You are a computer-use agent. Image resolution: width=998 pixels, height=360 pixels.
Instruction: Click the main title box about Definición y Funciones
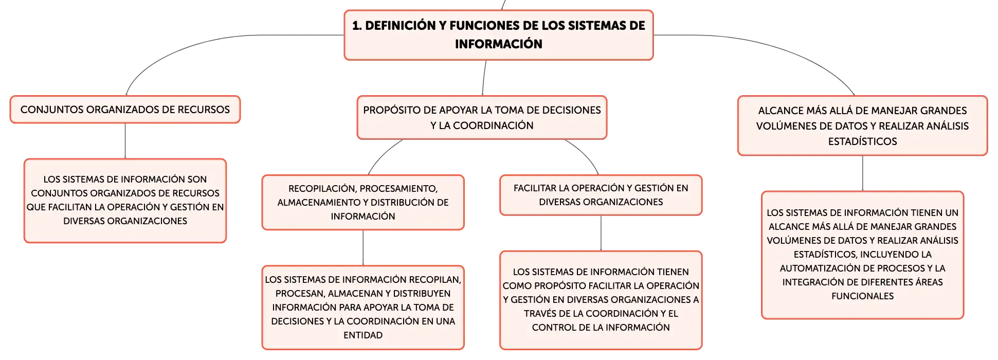pyautogui.click(x=498, y=35)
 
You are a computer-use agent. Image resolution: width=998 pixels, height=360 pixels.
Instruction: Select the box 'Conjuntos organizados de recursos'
pyautogui.click(x=125, y=110)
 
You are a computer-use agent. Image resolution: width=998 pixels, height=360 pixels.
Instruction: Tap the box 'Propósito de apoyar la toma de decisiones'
pyautogui.click(x=482, y=117)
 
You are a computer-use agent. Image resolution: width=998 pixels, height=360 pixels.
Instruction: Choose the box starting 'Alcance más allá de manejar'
pyautogui.click(x=862, y=125)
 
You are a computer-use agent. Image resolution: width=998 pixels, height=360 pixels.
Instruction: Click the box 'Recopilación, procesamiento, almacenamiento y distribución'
pyautogui.click(x=363, y=202)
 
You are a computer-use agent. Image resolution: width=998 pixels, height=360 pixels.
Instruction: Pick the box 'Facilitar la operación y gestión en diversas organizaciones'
pyautogui.click(x=601, y=195)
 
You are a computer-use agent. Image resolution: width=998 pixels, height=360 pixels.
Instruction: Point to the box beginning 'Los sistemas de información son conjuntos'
pyautogui.click(x=125, y=201)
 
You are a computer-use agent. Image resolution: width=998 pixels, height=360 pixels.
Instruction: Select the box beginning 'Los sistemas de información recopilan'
pyautogui.click(x=363, y=308)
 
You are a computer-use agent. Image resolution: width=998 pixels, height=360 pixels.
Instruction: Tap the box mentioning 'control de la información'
pyautogui.click(x=601, y=300)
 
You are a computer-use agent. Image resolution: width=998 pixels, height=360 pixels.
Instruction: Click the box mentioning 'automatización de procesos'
pyautogui.click(x=862, y=255)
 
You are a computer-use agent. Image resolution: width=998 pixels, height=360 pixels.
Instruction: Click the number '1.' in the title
pyautogui.click(x=357, y=26)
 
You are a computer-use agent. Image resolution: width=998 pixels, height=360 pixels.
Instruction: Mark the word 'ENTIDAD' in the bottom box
pyautogui.click(x=363, y=335)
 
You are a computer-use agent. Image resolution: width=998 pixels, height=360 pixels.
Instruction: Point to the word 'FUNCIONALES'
pyautogui.click(x=862, y=296)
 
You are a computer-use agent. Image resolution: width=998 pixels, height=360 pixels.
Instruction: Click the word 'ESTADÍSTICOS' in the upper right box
pyautogui.click(x=862, y=141)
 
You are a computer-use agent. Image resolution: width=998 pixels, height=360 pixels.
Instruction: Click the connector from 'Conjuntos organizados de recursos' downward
pyautogui.click(x=125, y=141)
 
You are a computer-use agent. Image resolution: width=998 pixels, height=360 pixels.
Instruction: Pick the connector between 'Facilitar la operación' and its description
pyautogui.click(x=601, y=233)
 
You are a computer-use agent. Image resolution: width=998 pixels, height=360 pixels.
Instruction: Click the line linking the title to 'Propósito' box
pyautogui.click(x=484, y=78)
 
